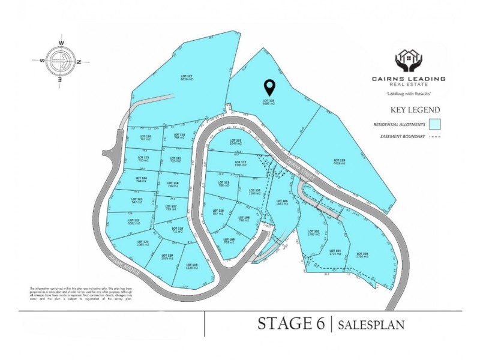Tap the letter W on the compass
pos(61,43)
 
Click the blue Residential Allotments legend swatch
pos(436,124)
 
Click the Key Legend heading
pos(415,110)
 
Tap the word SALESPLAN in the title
pos(371,325)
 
